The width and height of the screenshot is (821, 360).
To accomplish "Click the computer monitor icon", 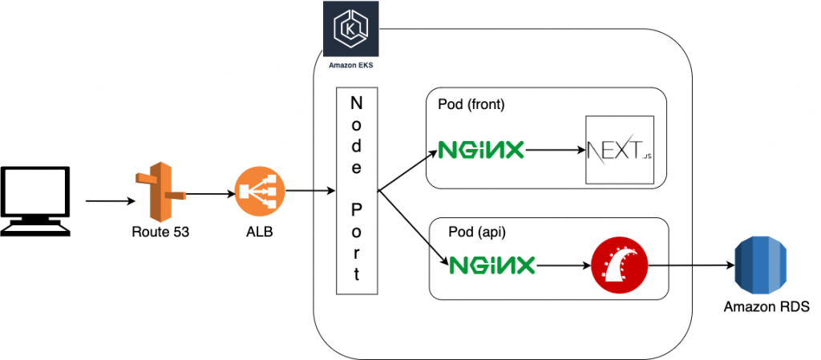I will click(36, 200).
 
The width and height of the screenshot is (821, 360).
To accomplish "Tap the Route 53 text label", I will click(156, 233).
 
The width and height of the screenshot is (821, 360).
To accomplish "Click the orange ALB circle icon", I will click(254, 192).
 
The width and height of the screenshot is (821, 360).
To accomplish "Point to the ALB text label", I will click(255, 233).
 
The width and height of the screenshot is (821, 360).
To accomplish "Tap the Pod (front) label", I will click(471, 104).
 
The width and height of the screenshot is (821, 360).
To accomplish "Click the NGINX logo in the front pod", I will click(481, 149).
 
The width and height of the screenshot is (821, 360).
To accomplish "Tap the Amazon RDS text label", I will click(766, 307).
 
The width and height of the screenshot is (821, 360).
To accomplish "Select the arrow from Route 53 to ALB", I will click(207, 193).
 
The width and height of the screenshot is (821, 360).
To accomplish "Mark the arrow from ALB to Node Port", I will click(309, 190).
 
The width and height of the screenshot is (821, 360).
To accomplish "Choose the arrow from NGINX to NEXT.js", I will click(553, 149).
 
